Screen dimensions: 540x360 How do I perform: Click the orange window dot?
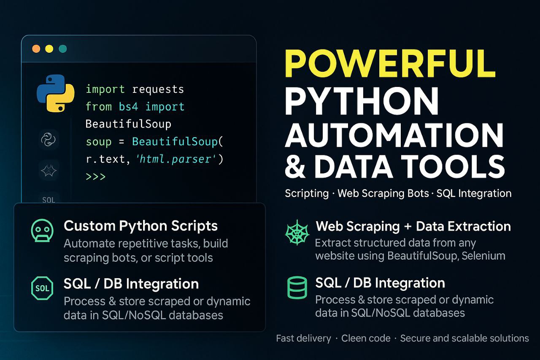[36, 49]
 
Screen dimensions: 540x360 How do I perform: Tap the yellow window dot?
[49, 49]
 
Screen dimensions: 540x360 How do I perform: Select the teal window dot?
[63, 49]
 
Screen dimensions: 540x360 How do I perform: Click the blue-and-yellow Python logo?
[55, 93]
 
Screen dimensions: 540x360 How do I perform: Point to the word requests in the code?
[158, 89]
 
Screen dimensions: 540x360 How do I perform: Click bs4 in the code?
[129, 107]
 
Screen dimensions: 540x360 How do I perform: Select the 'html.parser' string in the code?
[176, 159]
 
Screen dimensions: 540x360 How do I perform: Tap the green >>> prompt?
[96, 177]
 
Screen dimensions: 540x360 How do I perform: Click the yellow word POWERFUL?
[390, 63]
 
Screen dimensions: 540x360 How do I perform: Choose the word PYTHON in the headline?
[362, 101]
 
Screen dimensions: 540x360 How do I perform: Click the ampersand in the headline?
[295, 166]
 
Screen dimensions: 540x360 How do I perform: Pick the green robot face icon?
[42, 230]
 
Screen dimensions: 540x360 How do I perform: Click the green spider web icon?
[297, 233]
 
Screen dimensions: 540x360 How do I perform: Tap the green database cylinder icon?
[297, 288]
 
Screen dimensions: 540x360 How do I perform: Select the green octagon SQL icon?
[42, 288]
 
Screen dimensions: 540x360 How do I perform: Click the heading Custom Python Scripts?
[140, 226]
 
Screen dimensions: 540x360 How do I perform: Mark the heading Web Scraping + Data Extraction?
[413, 226]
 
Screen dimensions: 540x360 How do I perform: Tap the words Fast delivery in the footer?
[303, 338]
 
